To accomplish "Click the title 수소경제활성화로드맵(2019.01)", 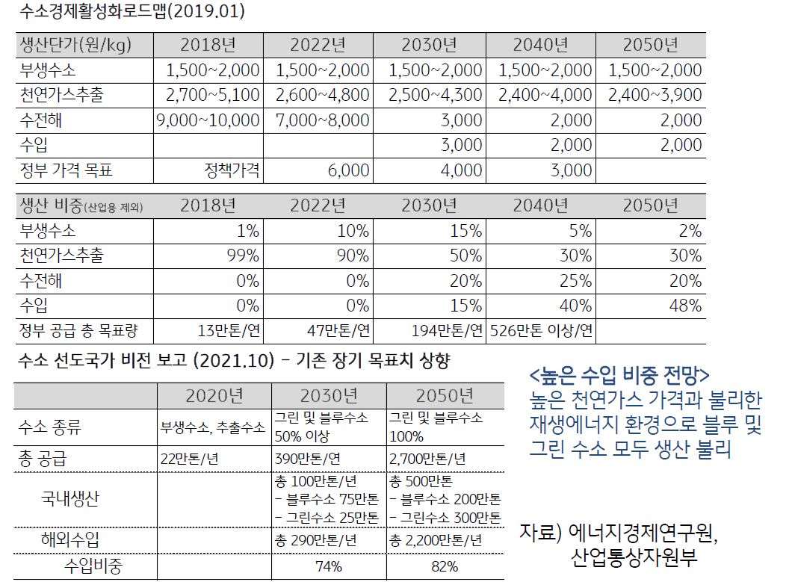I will (131, 12).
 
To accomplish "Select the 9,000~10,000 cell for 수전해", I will (208, 120).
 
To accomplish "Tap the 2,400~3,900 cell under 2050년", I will (655, 95).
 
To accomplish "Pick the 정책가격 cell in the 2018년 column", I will (232, 170).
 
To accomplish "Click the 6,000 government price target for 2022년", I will (348, 170).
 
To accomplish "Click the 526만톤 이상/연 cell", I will (541, 329).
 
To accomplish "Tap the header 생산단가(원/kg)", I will (75, 45).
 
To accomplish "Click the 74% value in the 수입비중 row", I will (329, 566).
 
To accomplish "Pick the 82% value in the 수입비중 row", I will (445, 566).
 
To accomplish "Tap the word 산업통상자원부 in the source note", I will (634, 557).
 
